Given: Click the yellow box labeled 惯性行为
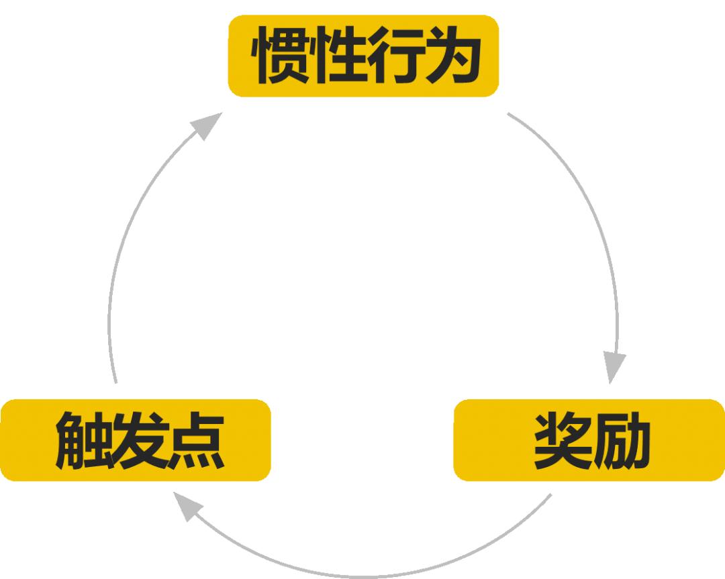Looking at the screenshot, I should click(x=363, y=56).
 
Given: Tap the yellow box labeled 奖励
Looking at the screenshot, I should click(x=589, y=440).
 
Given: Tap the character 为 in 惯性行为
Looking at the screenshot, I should click(x=451, y=56).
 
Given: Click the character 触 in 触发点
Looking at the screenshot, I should click(x=81, y=441).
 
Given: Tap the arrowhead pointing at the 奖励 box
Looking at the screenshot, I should click(x=613, y=366).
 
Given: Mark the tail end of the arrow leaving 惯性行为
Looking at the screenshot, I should click(x=510, y=115).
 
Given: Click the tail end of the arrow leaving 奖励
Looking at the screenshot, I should click(x=550, y=496).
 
